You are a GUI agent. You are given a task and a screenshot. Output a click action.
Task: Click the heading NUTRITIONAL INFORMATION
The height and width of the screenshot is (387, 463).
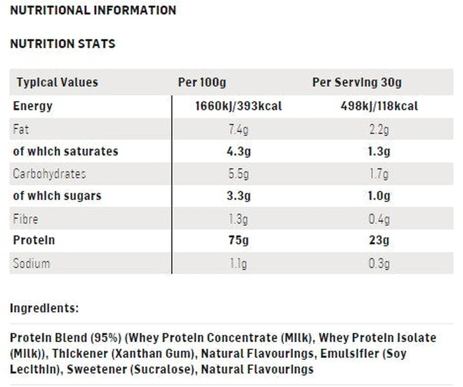click(93, 10)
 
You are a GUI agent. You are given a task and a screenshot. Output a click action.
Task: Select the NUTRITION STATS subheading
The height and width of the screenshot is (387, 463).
click(63, 44)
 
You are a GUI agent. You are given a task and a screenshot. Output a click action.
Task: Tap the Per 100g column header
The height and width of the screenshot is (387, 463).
click(202, 82)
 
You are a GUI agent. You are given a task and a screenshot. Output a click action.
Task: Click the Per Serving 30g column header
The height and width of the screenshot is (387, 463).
click(357, 82)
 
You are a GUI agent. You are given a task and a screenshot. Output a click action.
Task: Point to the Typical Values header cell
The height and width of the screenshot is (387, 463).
click(57, 82)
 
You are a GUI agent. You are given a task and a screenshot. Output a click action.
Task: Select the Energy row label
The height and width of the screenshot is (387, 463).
click(33, 106)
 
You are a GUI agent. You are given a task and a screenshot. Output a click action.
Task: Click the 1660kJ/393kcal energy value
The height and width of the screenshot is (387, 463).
click(238, 106)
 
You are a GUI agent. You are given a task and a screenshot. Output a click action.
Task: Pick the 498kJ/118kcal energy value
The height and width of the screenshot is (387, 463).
click(379, 106)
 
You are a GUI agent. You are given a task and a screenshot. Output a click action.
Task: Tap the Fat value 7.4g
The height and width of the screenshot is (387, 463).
click(238, 129)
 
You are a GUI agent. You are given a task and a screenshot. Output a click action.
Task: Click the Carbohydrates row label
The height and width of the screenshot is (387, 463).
click(49, 174)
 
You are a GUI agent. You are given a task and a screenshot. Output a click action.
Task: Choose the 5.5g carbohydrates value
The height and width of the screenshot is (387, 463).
click(238, 174)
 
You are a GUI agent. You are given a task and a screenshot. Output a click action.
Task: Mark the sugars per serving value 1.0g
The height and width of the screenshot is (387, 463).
click(379, 196)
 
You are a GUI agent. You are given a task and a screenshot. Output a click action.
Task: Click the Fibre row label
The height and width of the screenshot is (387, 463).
click(25, 219)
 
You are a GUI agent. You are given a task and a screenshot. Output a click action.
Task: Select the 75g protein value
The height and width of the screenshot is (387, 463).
click(238, 240)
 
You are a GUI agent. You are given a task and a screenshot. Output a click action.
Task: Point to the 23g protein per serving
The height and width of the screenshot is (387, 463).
click(379, 240)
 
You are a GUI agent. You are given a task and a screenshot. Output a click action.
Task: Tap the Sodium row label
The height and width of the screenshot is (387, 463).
click(31, 264)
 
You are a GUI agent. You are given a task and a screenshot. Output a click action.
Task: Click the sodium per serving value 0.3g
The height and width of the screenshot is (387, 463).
click(379, 264)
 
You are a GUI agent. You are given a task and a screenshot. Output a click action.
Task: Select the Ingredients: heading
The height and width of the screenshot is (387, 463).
click(44, 308)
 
